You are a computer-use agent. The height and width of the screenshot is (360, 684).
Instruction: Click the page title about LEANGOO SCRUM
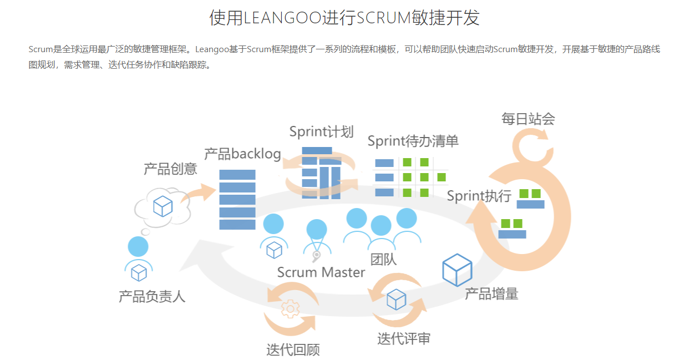coord(344,18)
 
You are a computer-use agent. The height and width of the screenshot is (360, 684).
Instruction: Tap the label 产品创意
coord(170,169)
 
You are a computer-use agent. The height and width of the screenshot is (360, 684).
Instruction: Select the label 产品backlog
coord(242,154)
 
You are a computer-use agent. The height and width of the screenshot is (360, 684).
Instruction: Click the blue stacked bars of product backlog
coord(237,200)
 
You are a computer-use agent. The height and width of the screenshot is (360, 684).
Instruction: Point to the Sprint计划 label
coord(321,131)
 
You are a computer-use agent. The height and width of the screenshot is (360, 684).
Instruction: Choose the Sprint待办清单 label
coord(413,141)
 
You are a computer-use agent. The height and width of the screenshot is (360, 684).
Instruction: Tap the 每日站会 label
coord(528,119)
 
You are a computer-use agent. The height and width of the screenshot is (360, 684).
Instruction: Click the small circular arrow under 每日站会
coord(531,146)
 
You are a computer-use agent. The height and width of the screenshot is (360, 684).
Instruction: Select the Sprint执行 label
coord(479,196)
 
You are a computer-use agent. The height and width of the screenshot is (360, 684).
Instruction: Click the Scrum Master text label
coord(321,272)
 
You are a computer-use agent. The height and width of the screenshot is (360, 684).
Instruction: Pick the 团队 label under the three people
coord(383,258)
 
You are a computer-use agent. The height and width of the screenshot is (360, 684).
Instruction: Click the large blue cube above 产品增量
coord(457,270)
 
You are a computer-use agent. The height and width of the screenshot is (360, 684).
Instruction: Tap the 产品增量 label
coord(491,293)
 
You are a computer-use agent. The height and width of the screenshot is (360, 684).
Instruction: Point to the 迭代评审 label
coord(404,338)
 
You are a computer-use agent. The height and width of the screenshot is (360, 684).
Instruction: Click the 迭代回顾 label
coord(293,349)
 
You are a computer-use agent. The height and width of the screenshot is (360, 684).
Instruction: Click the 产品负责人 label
coord(152,296)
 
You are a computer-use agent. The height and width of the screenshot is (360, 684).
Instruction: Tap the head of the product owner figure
coord(138,246)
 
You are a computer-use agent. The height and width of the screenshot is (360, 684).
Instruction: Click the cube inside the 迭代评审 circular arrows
coord(397,299)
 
